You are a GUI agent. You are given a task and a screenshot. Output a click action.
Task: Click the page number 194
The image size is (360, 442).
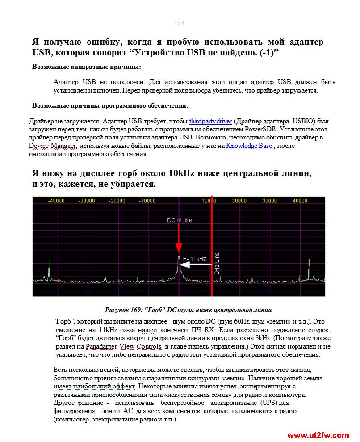click(x=179, y=23)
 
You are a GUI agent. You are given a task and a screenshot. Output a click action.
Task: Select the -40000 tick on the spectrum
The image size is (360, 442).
click(x=56, y=201)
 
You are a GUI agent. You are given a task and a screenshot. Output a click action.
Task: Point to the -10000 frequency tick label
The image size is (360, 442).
click(x=147, y=201)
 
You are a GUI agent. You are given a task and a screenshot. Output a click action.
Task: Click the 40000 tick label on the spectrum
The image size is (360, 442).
click(x=299, y=201)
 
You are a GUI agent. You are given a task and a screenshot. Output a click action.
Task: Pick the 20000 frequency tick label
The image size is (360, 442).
click(x=239, y=201)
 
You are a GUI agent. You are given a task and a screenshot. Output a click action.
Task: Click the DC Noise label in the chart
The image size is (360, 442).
click(x=179, y=220)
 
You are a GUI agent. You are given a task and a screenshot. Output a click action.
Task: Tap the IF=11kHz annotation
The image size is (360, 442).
click(x=193, y=258)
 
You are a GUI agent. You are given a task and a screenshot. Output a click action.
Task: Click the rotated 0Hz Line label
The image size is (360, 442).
click(x=217, y=262)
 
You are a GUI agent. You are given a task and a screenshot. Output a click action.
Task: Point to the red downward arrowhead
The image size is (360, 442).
click(x=179, y=248)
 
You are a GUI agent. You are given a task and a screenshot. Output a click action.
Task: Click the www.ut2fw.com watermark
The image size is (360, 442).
click(x=318, y=435)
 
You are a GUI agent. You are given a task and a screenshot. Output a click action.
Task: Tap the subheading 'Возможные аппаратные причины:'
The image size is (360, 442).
click(x=86, y=67)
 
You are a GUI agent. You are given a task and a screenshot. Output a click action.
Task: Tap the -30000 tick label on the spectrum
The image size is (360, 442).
click(x=87, y=201)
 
